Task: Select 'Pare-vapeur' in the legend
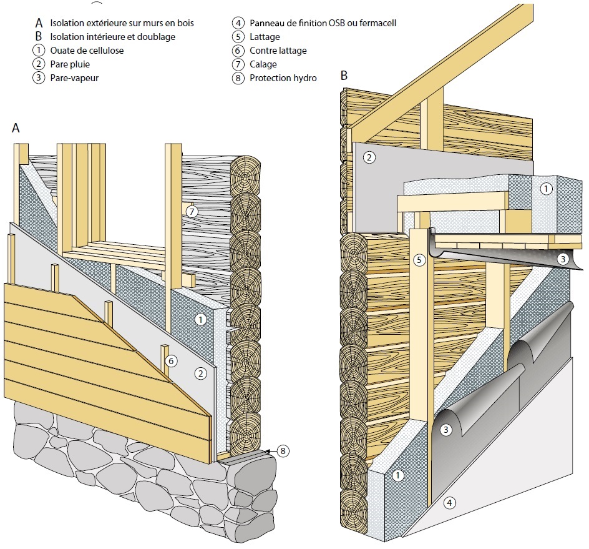click(x=74, y=77)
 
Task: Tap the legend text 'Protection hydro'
click(x=283, y=78)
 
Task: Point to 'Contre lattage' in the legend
click(x=278, y=51)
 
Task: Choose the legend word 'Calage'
click(x=263, y=64)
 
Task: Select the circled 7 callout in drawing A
click(x=192, y=212)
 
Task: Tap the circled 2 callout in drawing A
click(x=200, y=373)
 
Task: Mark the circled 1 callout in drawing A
click(x=200, y=320)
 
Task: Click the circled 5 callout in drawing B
click(x=419, y=259)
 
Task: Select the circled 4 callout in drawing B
click(x=449, y=502)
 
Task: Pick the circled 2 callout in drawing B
click(x=369, y=157)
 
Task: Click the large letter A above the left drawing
click(x=16, y=128)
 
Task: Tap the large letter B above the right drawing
click(x=344, y=76)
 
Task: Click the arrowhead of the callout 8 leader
click(x=267, y=450)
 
